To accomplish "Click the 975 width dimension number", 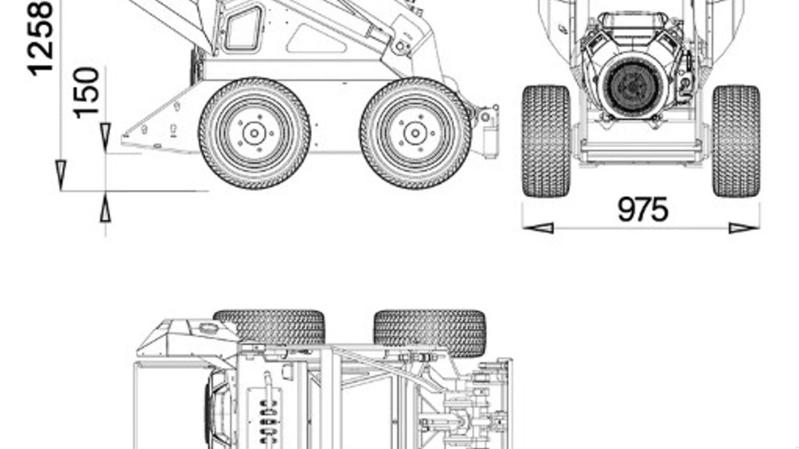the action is [642, 210].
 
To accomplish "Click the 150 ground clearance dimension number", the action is [86, 93].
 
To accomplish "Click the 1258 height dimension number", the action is [40, 38].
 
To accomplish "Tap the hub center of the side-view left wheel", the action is [254, 133].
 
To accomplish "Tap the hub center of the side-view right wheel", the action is [415, 133].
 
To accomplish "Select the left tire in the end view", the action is [546, 141].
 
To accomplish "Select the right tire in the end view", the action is [736, 141].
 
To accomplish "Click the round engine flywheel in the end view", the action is [633, 87].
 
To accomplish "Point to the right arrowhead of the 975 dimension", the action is [744, 228].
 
